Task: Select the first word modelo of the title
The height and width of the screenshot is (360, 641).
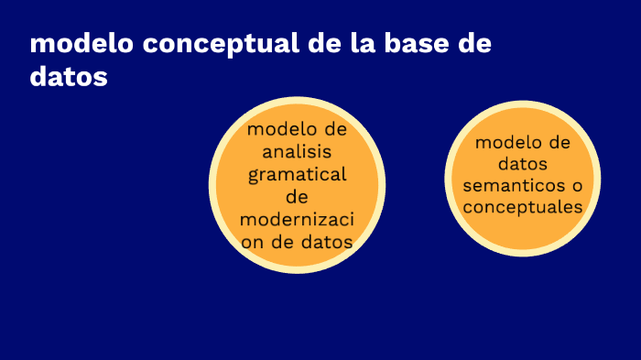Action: [x=74, y=45]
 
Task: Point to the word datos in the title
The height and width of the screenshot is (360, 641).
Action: [x=69, y=77]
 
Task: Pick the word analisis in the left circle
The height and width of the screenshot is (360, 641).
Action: [x=297, y=151]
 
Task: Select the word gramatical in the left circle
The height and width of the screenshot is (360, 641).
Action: [x=297, y=174]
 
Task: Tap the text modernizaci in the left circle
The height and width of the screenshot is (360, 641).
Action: [x=297, y=220]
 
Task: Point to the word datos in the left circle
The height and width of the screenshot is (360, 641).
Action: [x=321, y=242]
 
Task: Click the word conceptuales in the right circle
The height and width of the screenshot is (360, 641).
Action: [x=523, y=208]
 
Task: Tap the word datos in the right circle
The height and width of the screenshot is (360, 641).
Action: [x=523, y=165]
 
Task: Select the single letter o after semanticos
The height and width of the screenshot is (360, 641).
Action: [x=576, y=186]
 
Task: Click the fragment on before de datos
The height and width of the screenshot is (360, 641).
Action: [x=253, y=242]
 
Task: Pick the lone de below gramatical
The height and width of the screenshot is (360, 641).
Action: [x=297, y=197]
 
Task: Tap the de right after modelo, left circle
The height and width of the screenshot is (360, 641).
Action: [x=335, y=129]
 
